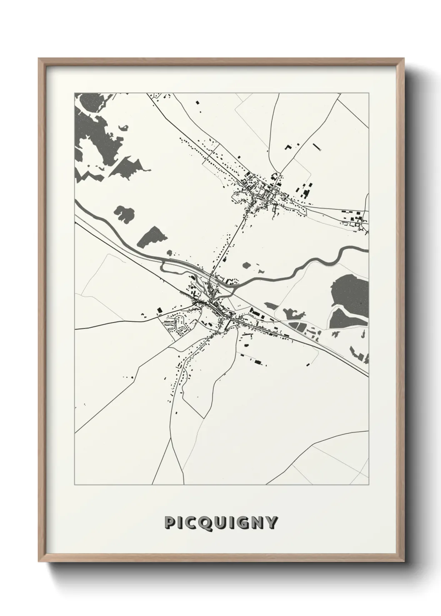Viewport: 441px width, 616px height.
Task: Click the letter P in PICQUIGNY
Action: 170,523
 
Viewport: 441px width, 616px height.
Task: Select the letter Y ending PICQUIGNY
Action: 271,523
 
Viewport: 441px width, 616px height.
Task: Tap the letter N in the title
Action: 257,523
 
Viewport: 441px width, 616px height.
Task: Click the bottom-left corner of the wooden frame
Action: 39,561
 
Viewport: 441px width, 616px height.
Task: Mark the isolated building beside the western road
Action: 159,310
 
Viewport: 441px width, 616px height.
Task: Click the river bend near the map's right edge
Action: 342,252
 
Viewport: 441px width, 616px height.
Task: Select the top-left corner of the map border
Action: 75,93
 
